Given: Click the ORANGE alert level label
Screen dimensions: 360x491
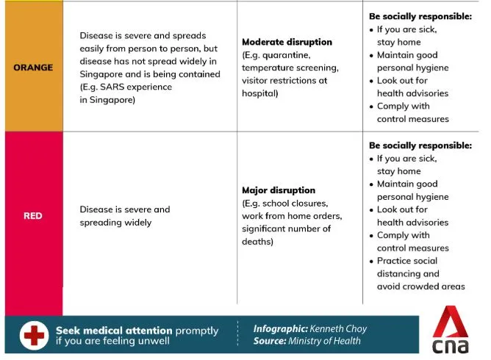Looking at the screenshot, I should [34, 68].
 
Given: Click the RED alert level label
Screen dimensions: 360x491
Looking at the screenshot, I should [33, 216].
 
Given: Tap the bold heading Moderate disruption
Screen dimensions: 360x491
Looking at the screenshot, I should [287, 42].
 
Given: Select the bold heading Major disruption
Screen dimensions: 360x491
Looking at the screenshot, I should [279, 190].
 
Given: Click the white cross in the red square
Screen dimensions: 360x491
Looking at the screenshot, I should [33, 336].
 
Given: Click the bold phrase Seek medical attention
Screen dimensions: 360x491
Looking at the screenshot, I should [114, 330].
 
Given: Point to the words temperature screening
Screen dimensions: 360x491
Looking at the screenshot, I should [290, 68].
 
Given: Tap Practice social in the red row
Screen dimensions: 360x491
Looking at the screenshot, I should [406, 261].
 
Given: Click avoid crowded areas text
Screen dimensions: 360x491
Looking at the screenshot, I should [420, 287].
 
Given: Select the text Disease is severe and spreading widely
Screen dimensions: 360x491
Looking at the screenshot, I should [124, 215].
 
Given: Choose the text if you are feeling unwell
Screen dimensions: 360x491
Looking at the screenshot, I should [112, 342].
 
